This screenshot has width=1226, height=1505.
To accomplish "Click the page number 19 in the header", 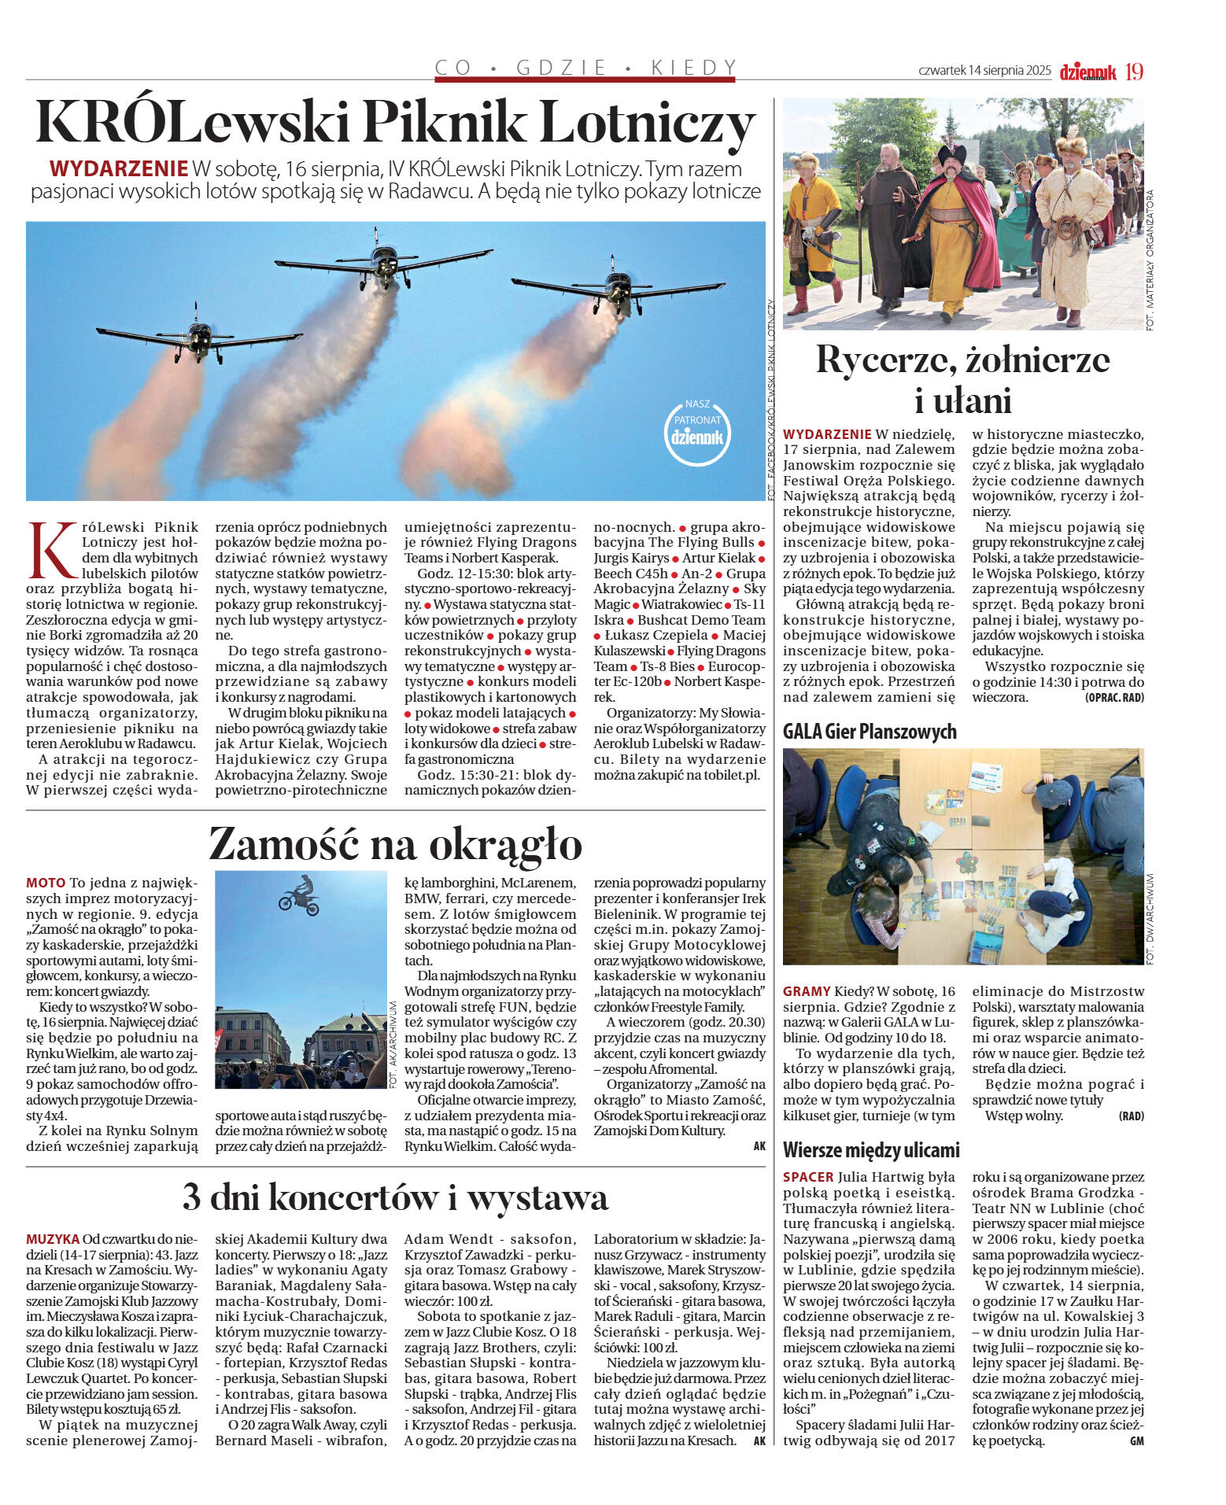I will pyautogui.click(x=1134, y=72).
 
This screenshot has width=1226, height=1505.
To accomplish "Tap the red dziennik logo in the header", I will pyautogui.click(x=1088, y=72).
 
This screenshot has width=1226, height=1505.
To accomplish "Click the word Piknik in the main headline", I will pyautogui.click(x=444, y=123).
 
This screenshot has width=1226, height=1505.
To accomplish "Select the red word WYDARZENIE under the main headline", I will pyautogui.click(x=119, y=168).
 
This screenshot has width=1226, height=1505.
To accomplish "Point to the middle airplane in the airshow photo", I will pyautogui.click(x=384, y=260).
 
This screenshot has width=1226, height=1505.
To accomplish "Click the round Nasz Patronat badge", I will pyautogui.click(x=696, y=432).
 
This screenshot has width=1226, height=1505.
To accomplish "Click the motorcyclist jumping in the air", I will pyautogui.click(x=300, y=896).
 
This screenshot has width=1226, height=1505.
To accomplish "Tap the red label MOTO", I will pyautogui.click(x=46, y=883).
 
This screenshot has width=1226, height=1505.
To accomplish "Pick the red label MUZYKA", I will pyautogui.click(x=53, y=1239).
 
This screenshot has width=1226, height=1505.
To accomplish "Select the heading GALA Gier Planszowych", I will pyautogui.click(x=870, y=732).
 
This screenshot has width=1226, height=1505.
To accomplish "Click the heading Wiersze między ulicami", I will pyautogui.click(x=871, y=1150).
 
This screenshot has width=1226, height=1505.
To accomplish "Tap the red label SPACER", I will pyautogui.click(x=808, y=1177).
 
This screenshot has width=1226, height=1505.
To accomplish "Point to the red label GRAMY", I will pyautogui.click(x=807, y=991).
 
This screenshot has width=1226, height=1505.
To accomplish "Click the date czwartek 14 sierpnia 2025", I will pyautogui.click(x=984, y=71).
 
